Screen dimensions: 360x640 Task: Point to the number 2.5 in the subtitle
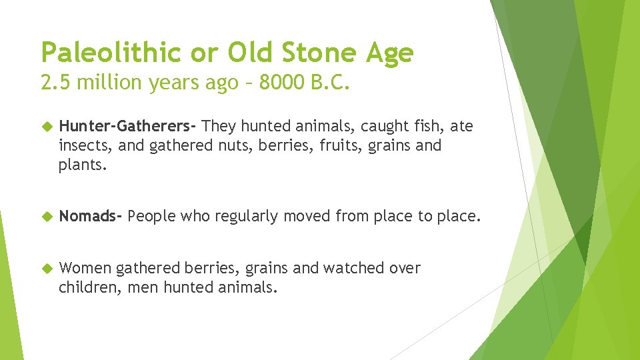[54, 83]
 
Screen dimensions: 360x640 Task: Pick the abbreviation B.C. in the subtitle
[331, 83]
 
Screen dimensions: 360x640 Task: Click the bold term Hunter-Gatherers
[127, 125]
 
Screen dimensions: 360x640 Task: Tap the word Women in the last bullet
[85, 268]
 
